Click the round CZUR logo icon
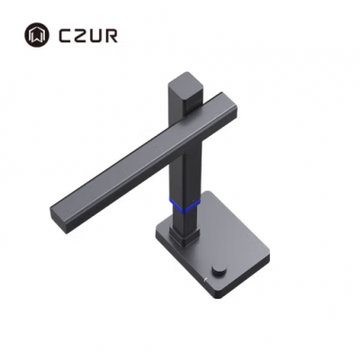(38, 35)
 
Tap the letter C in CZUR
(64, 35)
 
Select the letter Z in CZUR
(79, 35)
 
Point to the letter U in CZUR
(95, 35)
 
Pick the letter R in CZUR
(112, 35)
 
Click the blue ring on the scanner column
(185, 205)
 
